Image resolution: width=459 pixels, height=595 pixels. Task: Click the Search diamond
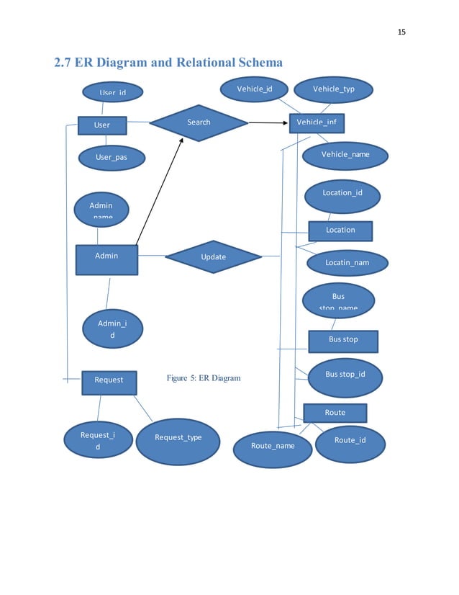[x=199, y=122]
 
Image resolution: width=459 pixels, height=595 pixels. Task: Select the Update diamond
[x=213, y=257]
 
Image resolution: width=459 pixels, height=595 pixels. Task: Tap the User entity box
[x=102, y=125]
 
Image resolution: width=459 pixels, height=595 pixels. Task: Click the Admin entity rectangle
[x=106, y=259]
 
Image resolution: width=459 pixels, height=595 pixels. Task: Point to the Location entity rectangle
[x=340, y=231]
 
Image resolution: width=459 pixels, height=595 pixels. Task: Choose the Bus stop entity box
[x=343, y=340]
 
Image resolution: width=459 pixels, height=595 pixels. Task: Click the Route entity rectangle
[x=335, y=413]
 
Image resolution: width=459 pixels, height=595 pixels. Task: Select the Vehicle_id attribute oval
[x=255, y=89]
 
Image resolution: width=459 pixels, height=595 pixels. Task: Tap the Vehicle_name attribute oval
[x=345, y=155]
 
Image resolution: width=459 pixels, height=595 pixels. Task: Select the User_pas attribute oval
[x=112, y=158]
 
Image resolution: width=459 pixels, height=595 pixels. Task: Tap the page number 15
[x=401, y=32]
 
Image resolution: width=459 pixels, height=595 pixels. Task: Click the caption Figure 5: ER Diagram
[x=204, y=378]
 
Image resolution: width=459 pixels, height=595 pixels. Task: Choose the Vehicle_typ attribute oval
[x=333, y=89]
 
